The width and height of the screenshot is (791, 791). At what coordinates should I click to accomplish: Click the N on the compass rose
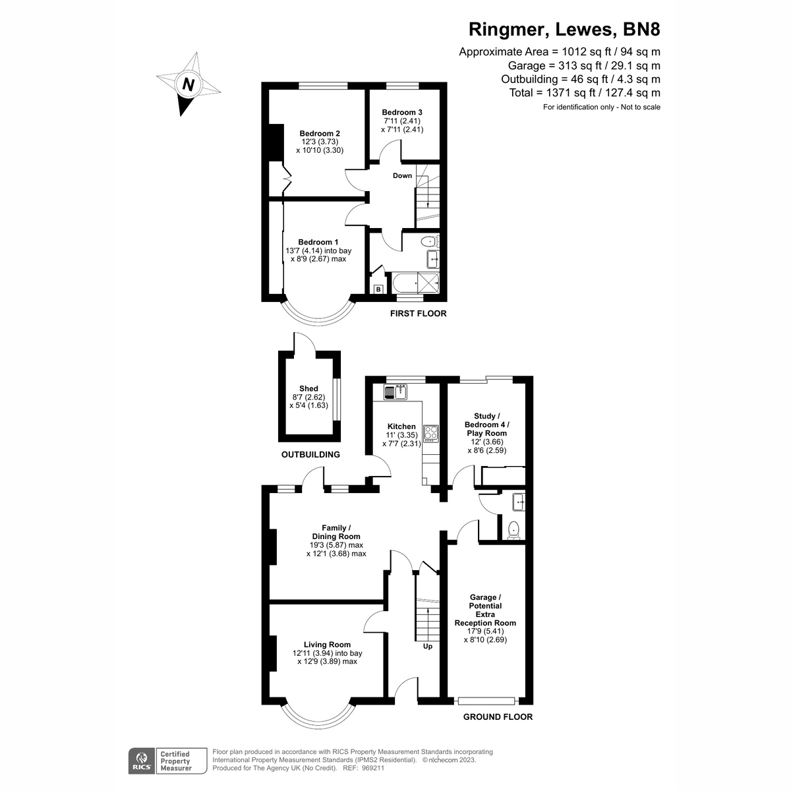coord(189,84)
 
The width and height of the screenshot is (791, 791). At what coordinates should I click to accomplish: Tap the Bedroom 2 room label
coord(320,133)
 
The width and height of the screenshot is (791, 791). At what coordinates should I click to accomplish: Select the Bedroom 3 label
coord(402,112)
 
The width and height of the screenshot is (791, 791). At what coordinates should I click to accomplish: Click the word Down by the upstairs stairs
coord(402,175)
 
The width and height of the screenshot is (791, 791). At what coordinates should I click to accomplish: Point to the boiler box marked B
coord(378,289)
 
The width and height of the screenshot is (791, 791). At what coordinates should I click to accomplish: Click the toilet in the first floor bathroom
coord(429,241)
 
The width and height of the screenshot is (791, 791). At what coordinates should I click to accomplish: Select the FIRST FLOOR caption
coord(418,313)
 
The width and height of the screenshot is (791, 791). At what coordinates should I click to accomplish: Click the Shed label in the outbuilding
coord(308,389)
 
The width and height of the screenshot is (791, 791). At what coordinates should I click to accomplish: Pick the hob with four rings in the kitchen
coord(431,433)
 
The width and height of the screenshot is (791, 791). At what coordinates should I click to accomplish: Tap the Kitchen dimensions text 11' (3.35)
coord(401,435)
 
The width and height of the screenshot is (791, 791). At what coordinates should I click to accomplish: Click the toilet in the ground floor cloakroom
coord(513,529)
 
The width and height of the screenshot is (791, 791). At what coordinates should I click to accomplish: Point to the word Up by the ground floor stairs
coord(427,646)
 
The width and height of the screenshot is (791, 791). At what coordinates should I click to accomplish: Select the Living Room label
coord(327,645)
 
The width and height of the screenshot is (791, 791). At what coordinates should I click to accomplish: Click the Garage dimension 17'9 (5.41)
coord(485,631)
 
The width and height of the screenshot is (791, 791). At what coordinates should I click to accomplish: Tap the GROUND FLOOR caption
coord(498,717)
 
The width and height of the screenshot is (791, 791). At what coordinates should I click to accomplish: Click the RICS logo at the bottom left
coord(140,761)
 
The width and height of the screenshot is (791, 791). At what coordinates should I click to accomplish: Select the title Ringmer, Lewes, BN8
coord(564,30)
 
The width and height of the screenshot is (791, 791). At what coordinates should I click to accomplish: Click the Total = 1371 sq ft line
coord(585,93)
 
